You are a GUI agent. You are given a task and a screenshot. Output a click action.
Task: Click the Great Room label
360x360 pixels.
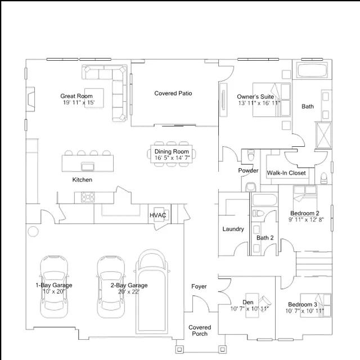pyautogui.click(x=76, y=96)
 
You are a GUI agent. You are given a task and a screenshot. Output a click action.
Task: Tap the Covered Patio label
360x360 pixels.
pyautogui.click(x=173, y=93)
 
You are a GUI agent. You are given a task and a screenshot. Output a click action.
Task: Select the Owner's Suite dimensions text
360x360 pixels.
pyautogui.click(x=259, y=103)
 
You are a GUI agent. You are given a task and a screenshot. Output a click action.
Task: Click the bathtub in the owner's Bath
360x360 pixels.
pyautogui.click(x=312, y=70)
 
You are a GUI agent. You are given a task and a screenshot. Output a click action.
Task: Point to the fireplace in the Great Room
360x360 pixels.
pyautogui.click(x=30, y=99)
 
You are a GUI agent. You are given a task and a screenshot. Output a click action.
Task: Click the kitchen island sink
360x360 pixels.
pyautogui.click(x=88, y=166)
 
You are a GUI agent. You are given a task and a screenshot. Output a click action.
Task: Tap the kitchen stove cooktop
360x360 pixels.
pyautogui.click(x=88, y=197)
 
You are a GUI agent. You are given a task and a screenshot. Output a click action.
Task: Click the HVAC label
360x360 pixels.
pyautogui.click(x=157, y=215)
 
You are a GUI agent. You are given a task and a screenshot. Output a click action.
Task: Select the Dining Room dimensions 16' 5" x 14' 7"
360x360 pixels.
pyautogui.click(x=172, y=157)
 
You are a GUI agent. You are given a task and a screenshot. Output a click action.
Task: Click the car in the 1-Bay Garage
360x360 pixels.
pyautogui.click(x=54, y=287)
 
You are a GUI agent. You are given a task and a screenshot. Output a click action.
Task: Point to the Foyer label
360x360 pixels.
pyautogui.click(x=199, y=286)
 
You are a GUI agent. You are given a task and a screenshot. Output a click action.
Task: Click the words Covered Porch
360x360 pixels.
pyautogui.click(x=200, y=331)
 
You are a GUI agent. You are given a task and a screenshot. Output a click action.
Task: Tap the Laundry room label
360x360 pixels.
pyautogui.click(x=233, y=229)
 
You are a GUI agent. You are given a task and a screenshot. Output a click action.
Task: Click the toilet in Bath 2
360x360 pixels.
pyautogui.click(x=258, y=213)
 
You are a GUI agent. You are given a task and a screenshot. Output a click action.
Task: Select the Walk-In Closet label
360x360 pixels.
pyautogui.click(x=286, y=173)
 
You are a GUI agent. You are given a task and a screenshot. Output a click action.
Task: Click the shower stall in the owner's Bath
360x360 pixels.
pyautogui.click(x=324, y=135)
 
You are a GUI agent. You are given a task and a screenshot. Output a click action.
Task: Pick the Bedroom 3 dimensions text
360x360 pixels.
pyautogui.click(x=304, y=311)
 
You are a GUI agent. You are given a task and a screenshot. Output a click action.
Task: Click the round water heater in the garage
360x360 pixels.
pyautogui.click(x=33, y=231)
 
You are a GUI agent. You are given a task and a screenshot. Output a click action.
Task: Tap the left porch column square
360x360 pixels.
pyautogui.click(x=179, y=349)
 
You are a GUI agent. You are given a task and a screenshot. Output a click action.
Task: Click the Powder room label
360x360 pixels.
pyautogui.click(x=248, y=170)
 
